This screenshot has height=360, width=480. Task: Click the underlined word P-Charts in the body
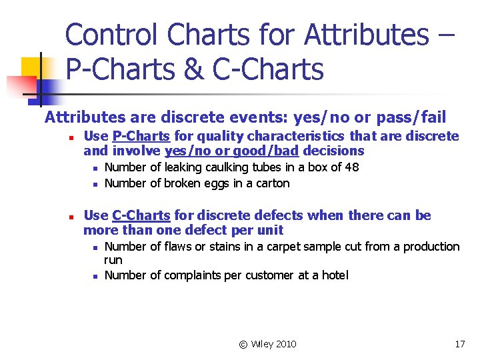coord(141,137)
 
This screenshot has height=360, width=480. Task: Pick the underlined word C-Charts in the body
coord(141,215)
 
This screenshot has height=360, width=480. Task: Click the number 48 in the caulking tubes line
coord(351,167)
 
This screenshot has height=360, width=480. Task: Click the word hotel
coord(333,275)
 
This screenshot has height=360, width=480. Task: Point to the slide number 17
coord(459,344)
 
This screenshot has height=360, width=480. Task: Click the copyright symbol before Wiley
coord(243,344)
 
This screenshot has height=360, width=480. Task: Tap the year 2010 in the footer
coord(285,344)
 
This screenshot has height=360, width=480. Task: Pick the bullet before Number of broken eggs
coord(95,184)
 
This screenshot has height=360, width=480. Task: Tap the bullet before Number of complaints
coord(95,276)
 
